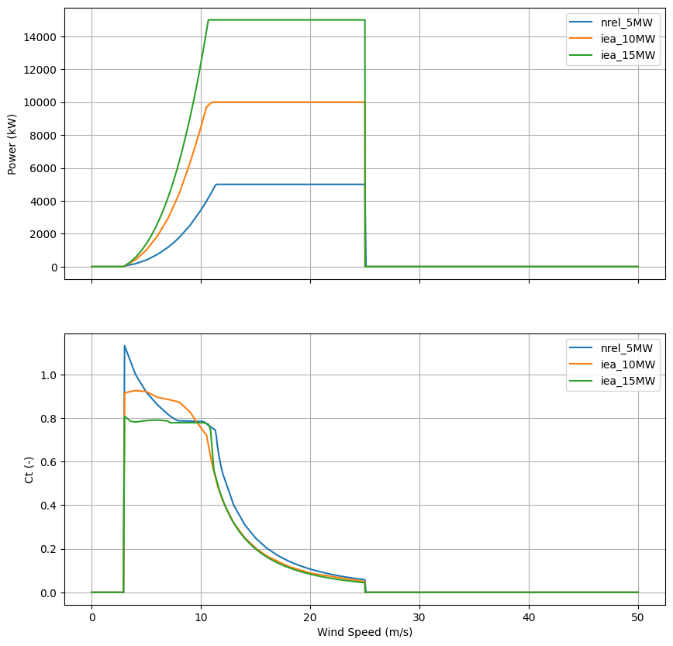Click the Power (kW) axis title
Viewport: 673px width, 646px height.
pos(12,143)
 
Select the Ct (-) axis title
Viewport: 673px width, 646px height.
pos(29,469)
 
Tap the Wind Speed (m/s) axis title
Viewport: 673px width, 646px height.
pos(364,632)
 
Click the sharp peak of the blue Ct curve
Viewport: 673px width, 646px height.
pos(125,346)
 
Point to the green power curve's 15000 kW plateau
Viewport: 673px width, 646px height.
pos(287,20)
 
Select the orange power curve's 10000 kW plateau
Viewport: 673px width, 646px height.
pos(287,102)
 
